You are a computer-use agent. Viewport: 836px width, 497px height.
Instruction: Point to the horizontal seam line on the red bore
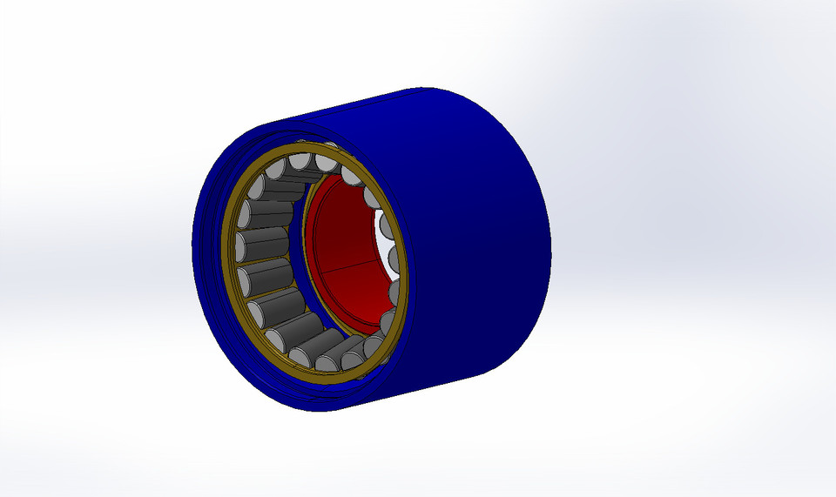[348, 263]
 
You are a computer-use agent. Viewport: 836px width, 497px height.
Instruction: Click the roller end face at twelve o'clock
[300, 161]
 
